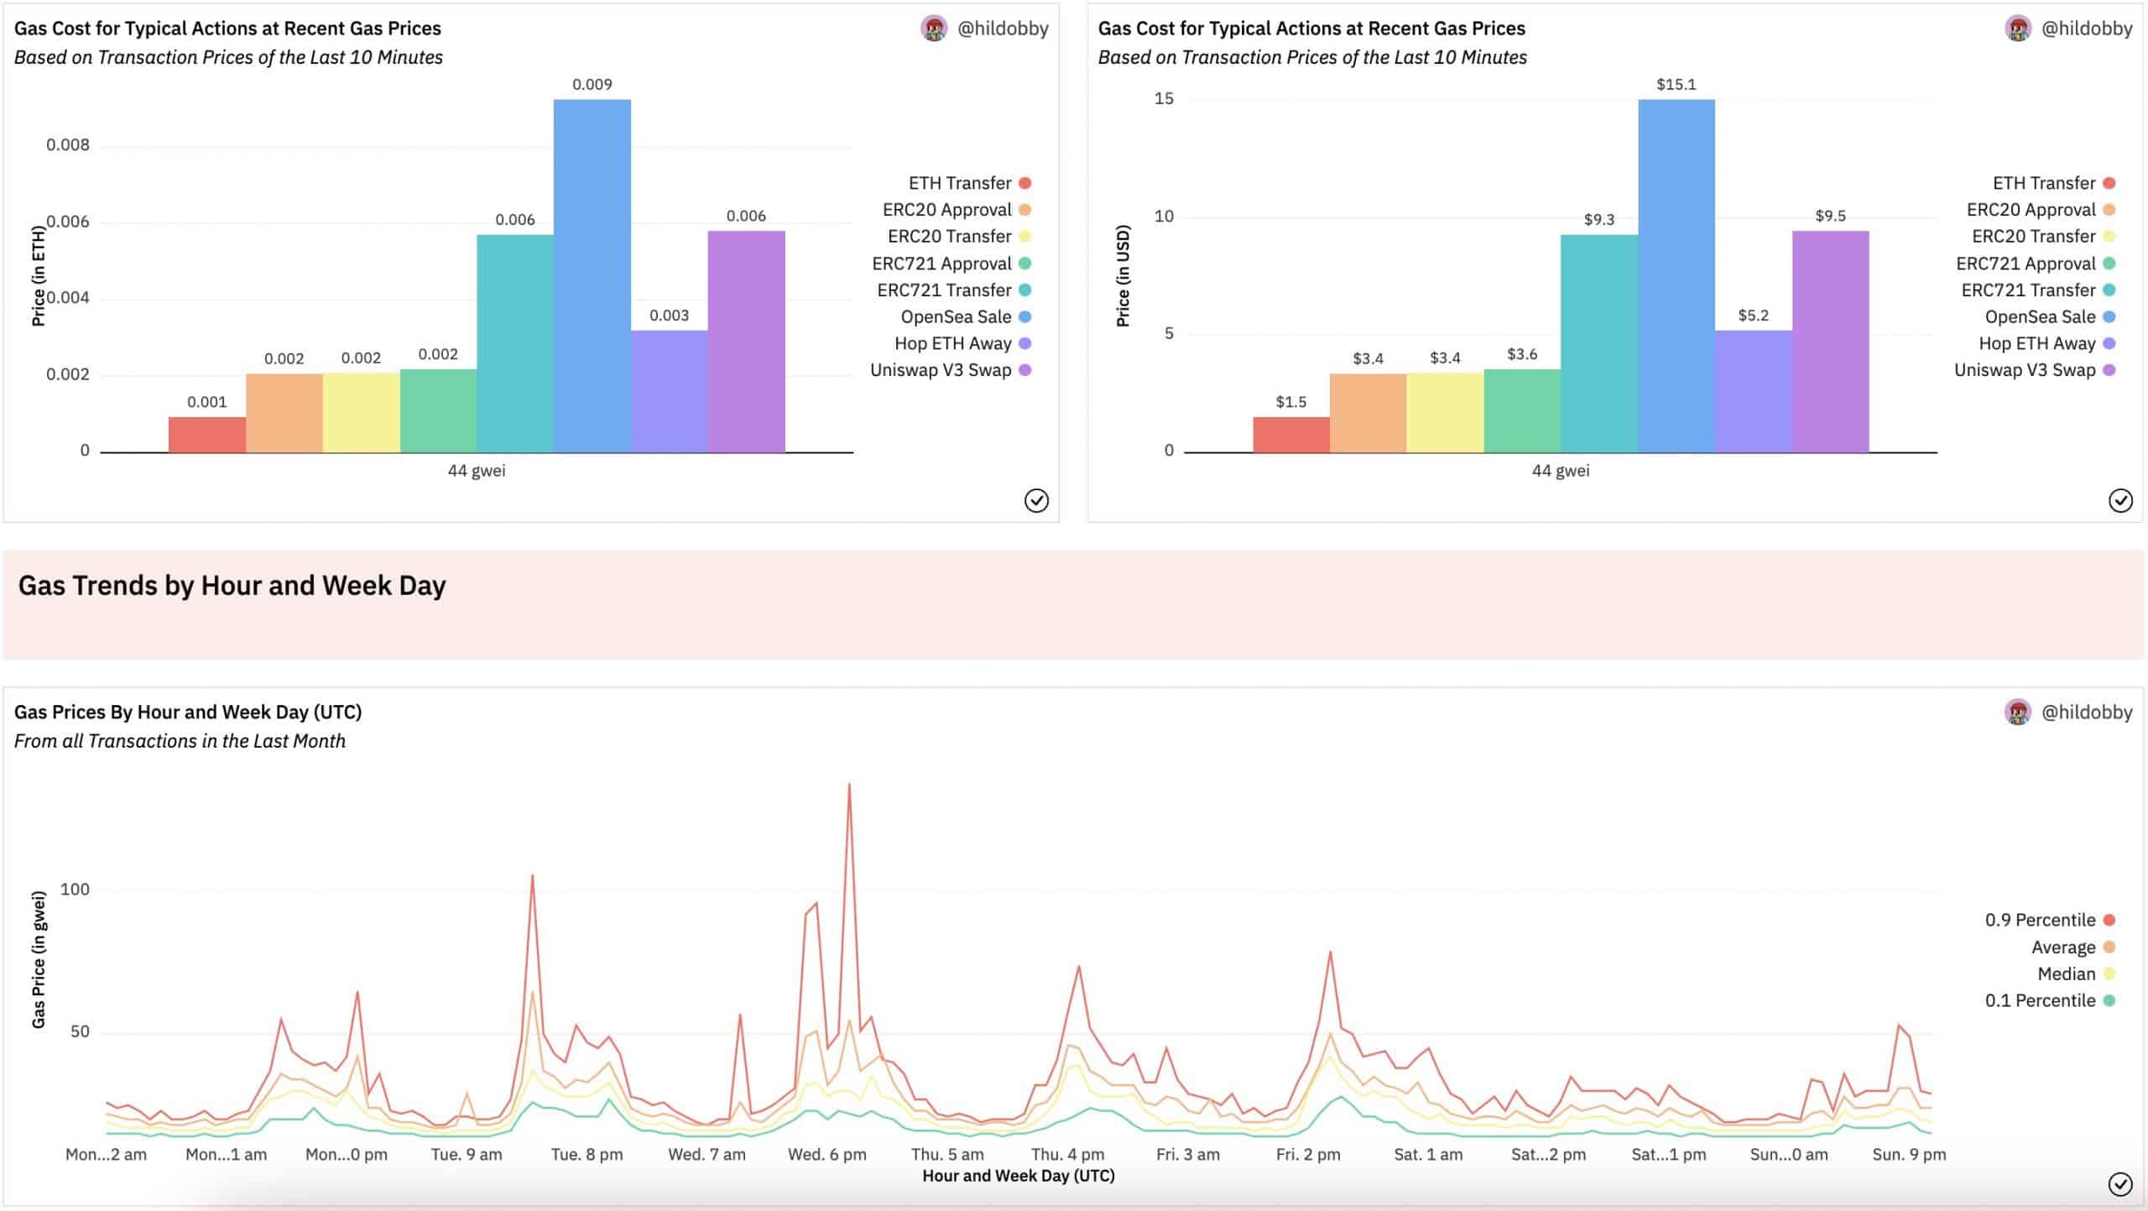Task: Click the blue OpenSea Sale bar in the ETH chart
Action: pos(592,277)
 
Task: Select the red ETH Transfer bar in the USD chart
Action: pos(1290,435)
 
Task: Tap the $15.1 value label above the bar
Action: pos(1676,85)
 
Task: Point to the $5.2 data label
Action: pos(1753,316)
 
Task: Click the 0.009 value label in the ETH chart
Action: pos(592,85)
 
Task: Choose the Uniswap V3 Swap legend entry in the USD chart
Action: pos(2025,370)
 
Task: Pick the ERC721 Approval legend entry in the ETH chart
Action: pos(941,264)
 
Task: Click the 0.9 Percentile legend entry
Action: pos(2040,920)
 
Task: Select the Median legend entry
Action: pos(2066,973)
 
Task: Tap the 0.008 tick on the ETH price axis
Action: pos(68,145)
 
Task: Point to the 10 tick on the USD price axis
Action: pos(1164,217)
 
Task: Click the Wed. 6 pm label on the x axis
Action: pos(826,1155)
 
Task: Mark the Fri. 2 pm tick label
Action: pos(1307,1155)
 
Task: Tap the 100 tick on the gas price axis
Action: pos(75,890)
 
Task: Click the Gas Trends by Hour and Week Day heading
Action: pos(232,586)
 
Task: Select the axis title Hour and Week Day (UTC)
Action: pos(1018,1176)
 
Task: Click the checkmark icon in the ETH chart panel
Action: pos(1036,501)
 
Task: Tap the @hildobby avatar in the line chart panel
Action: pos(2017,712)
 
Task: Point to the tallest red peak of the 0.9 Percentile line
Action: pos(849,786)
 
